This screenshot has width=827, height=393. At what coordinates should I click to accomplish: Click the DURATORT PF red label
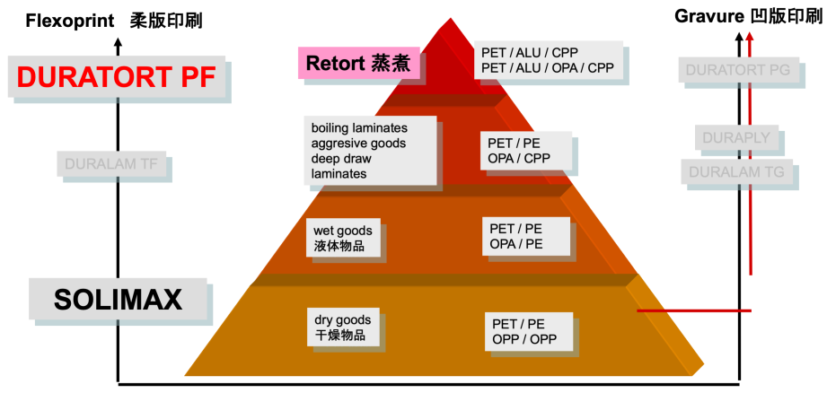(x=116, y=78)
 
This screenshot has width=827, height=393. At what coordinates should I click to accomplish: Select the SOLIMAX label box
(x=119, y=300)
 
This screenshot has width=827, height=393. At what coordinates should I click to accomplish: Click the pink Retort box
(x=358, y=64)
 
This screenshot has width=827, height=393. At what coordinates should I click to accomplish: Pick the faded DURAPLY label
(x=734, y=139)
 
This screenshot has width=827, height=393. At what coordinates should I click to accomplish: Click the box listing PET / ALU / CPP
(x=548, y=60)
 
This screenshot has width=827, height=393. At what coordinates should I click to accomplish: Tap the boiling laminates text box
(x=370, y=150)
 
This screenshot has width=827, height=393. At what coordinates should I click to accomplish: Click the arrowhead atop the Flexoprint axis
(x=118, y=40)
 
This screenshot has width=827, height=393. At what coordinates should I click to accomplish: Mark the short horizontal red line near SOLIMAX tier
(x=693, y=310)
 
